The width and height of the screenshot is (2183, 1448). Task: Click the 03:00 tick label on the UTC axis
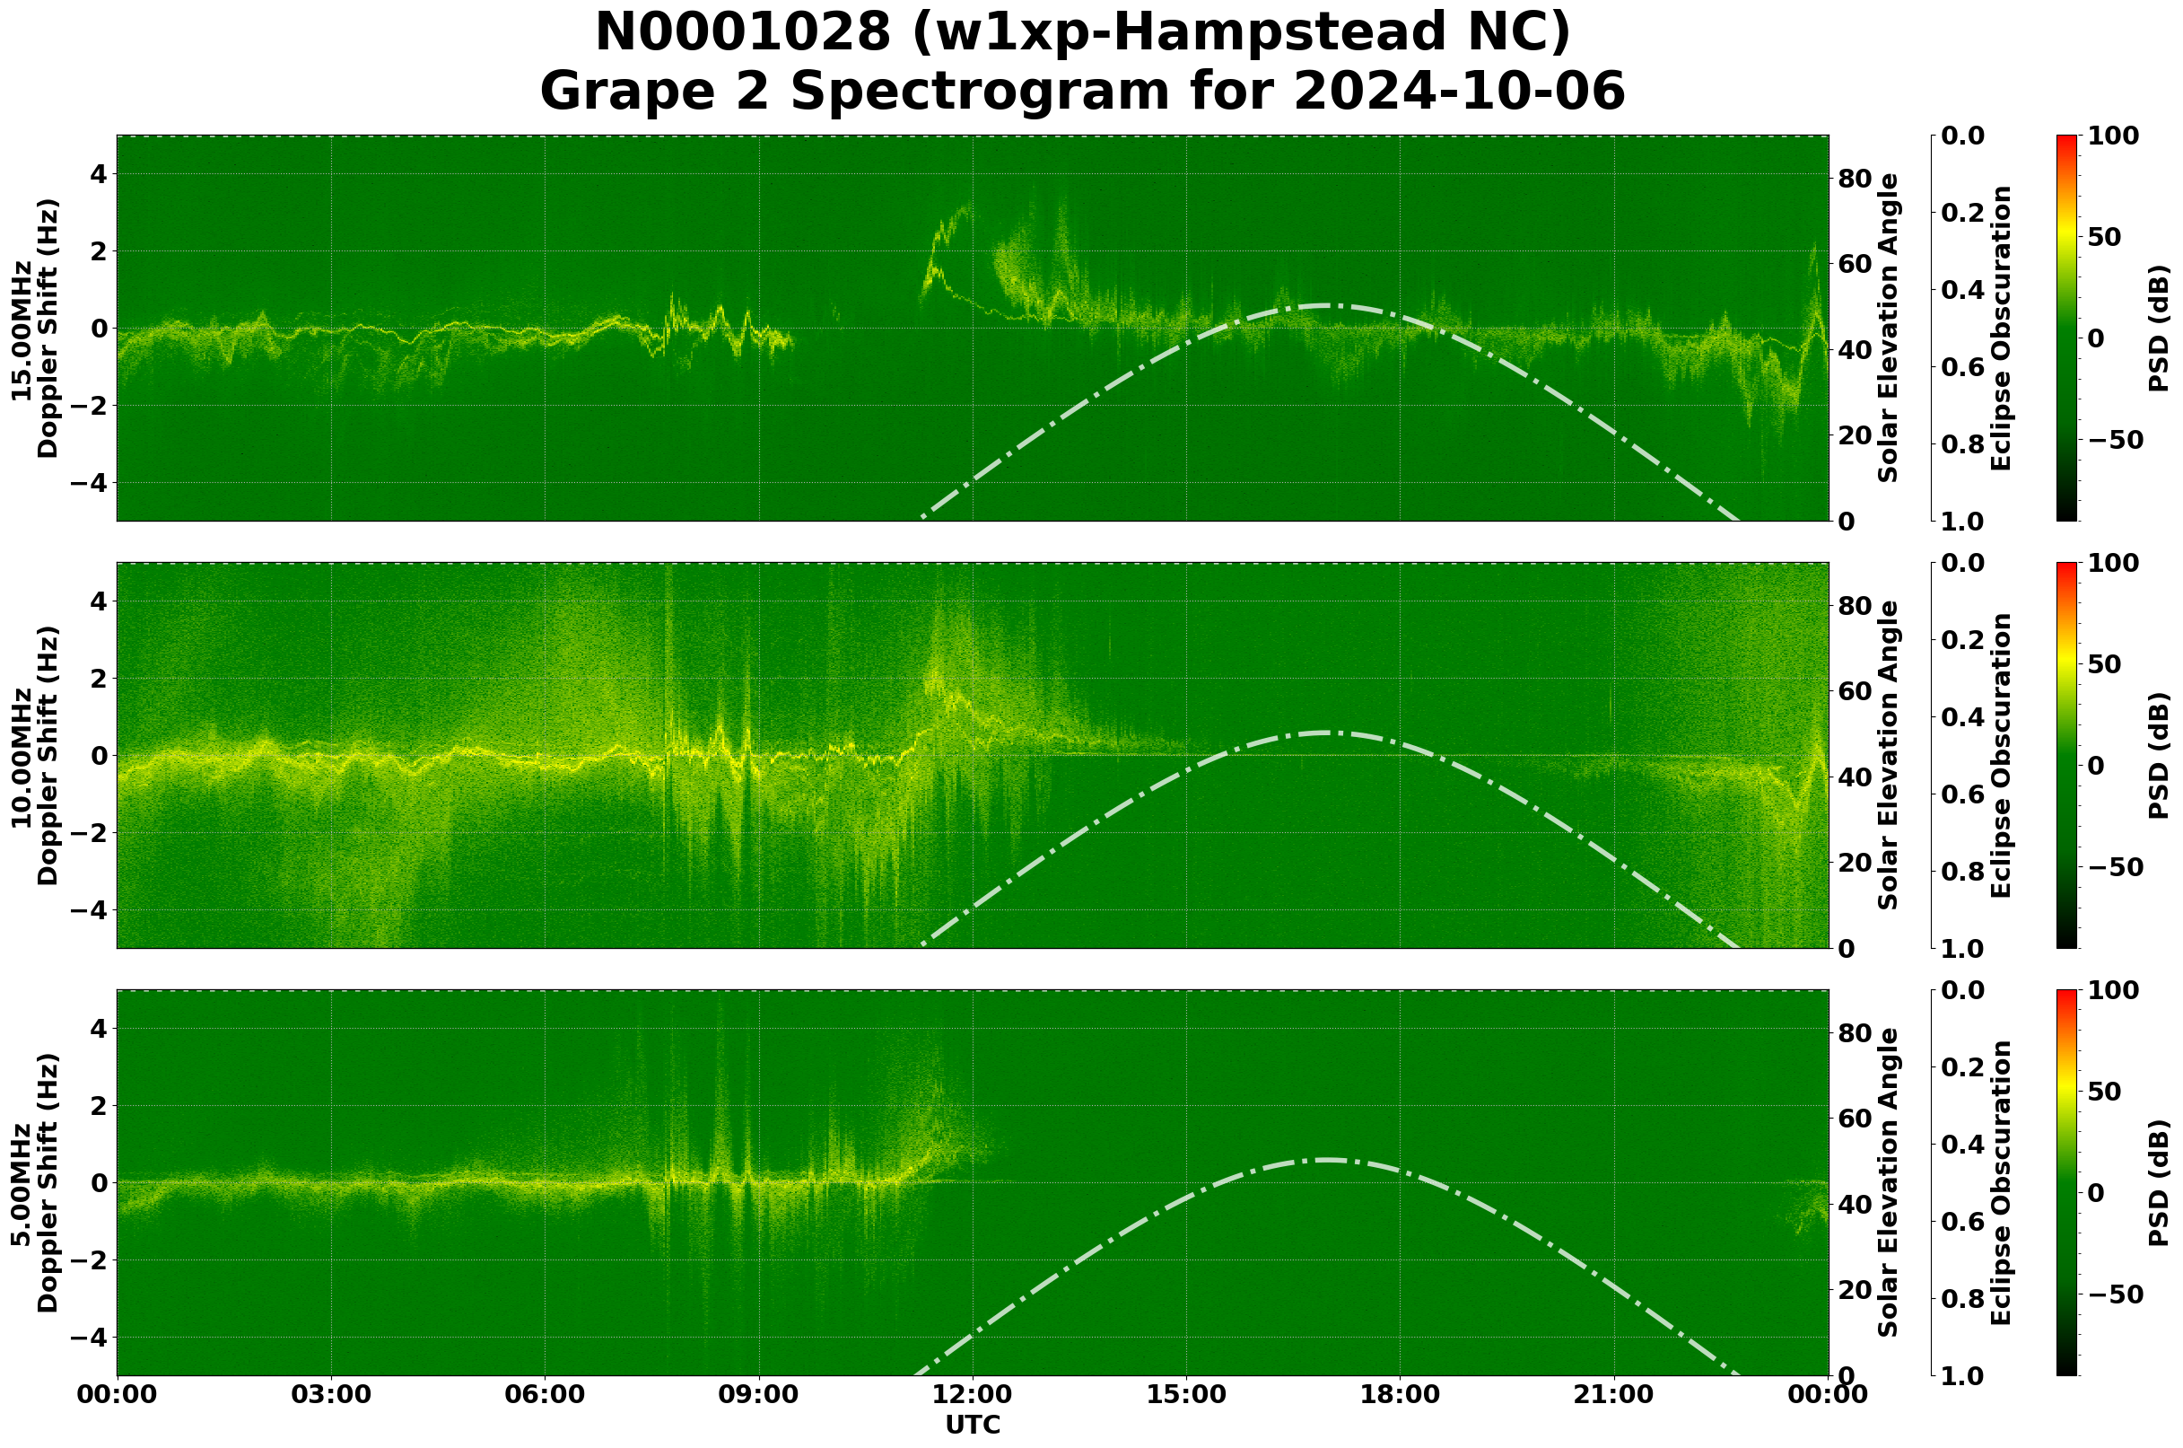tap(331, 1396)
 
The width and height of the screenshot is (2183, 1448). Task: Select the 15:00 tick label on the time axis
tap(1186, 1396)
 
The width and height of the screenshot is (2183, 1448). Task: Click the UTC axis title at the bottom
tap(973, 1426)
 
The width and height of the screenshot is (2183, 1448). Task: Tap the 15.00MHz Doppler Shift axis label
tap(35, 329)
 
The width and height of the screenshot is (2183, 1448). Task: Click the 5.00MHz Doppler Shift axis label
tap(35, 1183)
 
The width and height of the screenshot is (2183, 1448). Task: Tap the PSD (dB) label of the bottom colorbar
tap(2158, 1183)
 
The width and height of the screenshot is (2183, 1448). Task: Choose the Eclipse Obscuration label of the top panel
tap(1999, 329)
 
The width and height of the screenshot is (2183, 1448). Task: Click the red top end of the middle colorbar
tap(2065, 566)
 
